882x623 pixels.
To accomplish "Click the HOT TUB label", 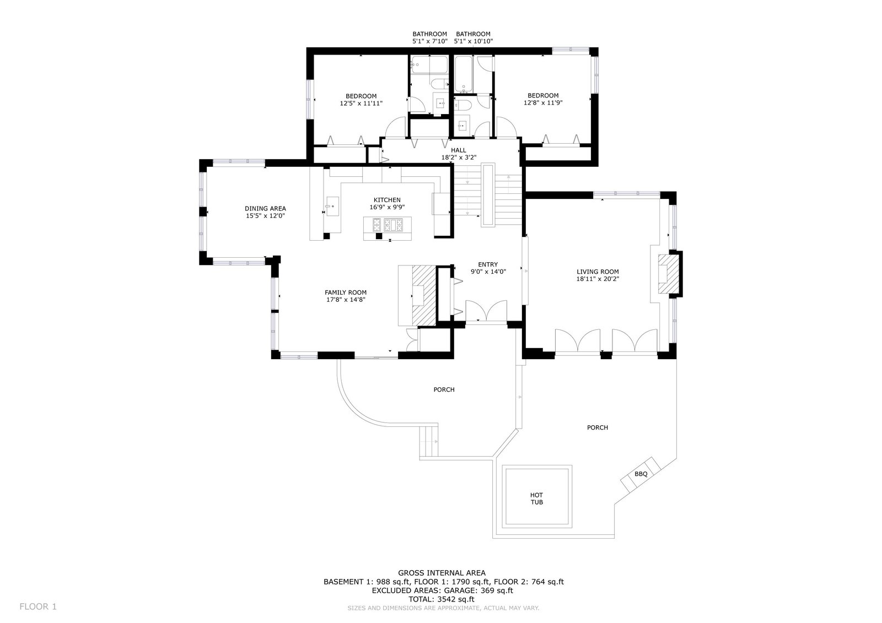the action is pyautogui.click(x=537, y=499).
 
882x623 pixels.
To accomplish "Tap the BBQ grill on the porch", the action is pyautogui.click(x=641, y=474).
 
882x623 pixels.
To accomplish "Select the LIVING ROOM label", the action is pyautogui.click(x=598, y=272).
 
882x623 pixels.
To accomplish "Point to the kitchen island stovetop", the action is pyautogui.click(x=388, y=225).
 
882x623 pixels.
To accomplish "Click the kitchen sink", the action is pyautogui.click(x=332, y=207).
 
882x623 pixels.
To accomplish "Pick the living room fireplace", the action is pyautogui.click(x=669, y=274).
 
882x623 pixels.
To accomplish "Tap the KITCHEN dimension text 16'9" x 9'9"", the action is pyautogui.click(x=387, y=207).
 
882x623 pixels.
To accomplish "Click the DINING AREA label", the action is pyautogui.click(x=265, y=209).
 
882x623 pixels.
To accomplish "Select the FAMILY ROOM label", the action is pyautogui.click(x=346, y=292).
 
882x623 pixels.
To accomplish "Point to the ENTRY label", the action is pyautogui.click(x=488, y=264).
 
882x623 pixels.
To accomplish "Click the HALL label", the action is pyautogui.click(x=458, y=150).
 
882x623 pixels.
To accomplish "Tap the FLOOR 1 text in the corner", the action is pyautogui.click(x=38, y=606).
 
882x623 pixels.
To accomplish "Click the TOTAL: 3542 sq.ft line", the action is pyautogui.click(x=442, y=599).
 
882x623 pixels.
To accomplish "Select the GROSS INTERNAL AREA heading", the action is pyautogui.click(x=442, y=573).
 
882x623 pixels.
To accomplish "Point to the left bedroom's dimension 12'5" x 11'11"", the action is pyautogui.click(x=361, y=104).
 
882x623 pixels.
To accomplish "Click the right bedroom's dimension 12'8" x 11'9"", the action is pyautogui.click(x=543, y=102).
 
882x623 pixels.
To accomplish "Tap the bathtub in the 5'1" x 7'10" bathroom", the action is pyautogui.click(x=429, y=64).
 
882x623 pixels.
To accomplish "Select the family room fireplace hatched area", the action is pyautogui.click(x=424, y=296).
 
